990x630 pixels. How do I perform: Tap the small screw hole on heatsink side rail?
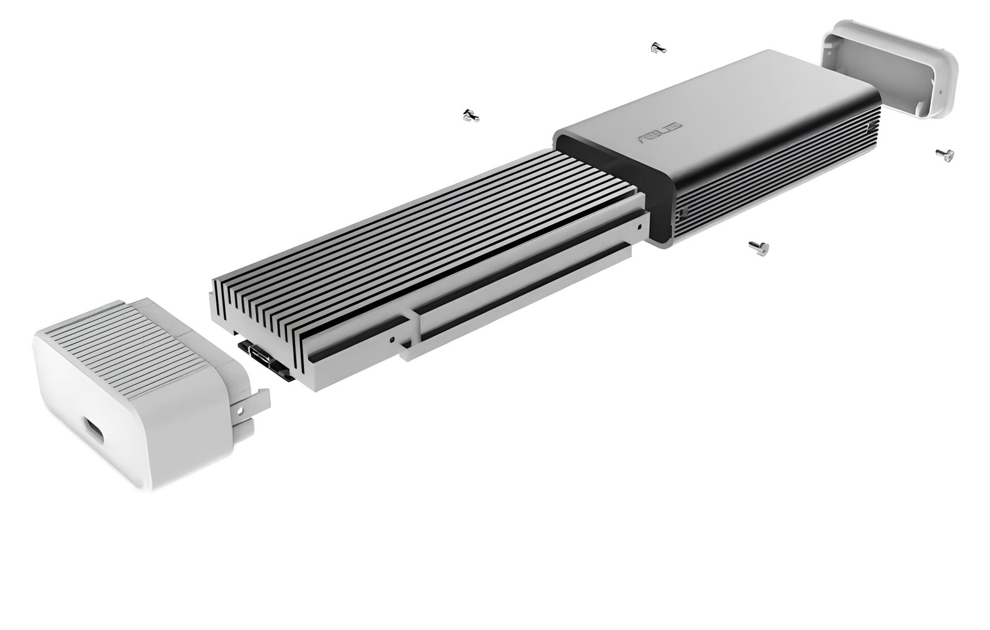[x=392, y=340]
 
